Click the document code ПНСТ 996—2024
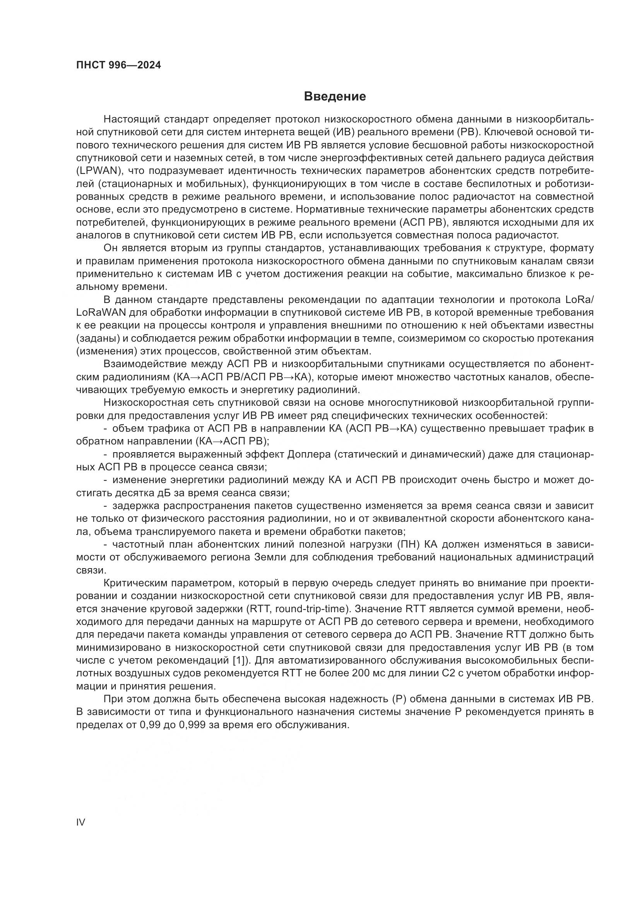tap(118, 65)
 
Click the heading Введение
tap(335, 97)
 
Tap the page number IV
tap(80, 822)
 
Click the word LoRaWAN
tap(101, 313)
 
